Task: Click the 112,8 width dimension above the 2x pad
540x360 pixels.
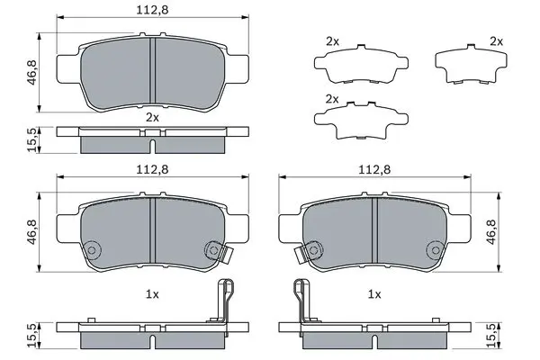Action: click(x=152, y=9)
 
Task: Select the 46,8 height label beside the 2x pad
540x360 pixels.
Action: click(x=32, y=72)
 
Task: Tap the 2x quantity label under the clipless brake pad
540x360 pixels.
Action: click(x=152, y=118)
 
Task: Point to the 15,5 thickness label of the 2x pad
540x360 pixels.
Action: click(x=33, y=139)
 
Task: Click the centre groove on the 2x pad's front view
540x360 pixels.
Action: click(x=153, y=70)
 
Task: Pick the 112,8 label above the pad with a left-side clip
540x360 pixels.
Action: click(x=374, y=169)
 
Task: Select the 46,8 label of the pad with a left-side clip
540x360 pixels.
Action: click(x=491, y=232)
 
